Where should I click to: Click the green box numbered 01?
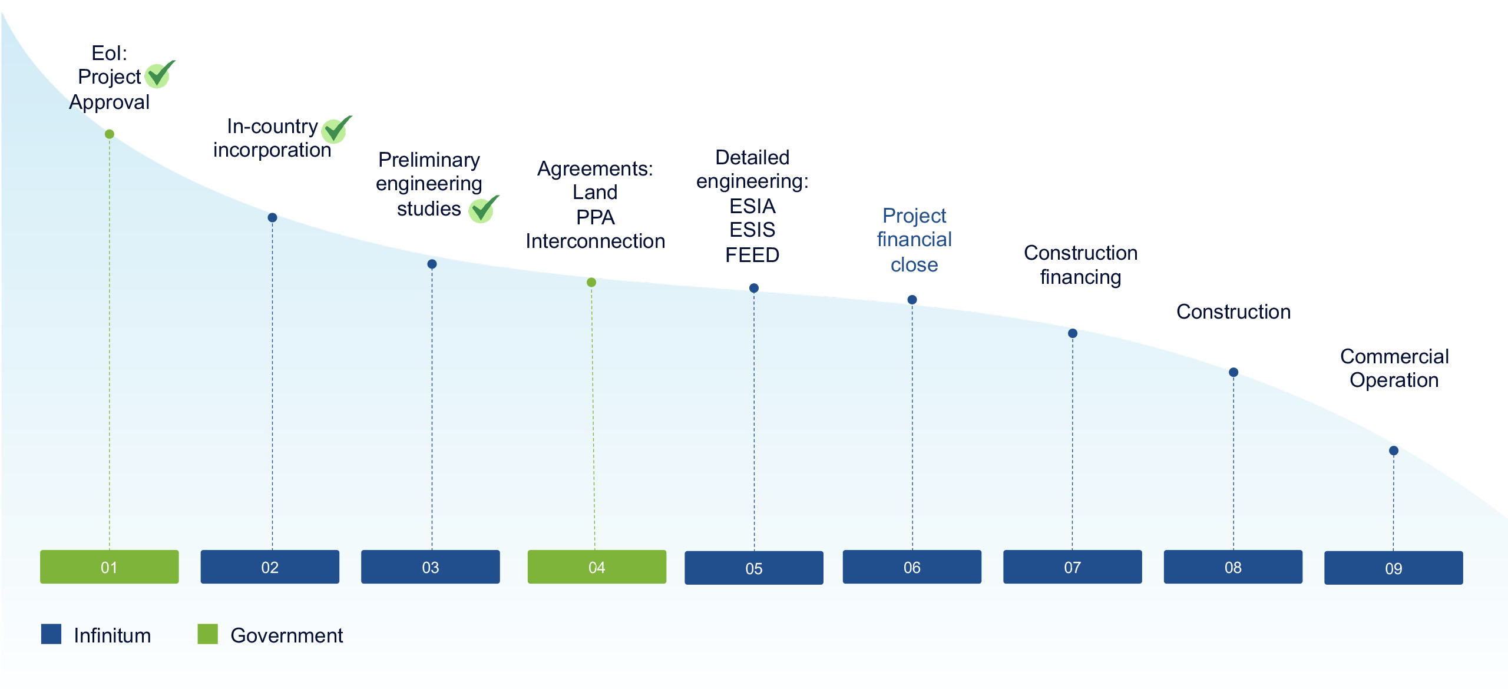[109, 567]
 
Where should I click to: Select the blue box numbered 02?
[270, 567]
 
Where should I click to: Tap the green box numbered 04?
[597, 567]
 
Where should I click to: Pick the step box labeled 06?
[912, 567]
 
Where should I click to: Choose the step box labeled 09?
[1394, 568]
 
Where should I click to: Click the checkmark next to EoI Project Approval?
[159, 75]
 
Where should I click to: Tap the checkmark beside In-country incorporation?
[336, 130]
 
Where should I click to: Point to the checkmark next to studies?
[483, 209]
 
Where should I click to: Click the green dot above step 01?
[110, 134]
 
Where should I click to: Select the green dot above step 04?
[591, 283]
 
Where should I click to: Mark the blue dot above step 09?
[1394, 450]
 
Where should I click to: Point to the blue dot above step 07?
[1073, 333]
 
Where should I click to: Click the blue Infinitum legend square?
[51, 634]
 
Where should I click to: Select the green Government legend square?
[207, 634]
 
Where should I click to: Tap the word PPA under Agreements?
[596, 217]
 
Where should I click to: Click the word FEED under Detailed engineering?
[752, 255]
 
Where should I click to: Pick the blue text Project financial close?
[914, 240]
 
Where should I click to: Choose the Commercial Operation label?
[1394, 369]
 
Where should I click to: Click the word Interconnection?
[596, 241]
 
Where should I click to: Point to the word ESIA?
[752, 206]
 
